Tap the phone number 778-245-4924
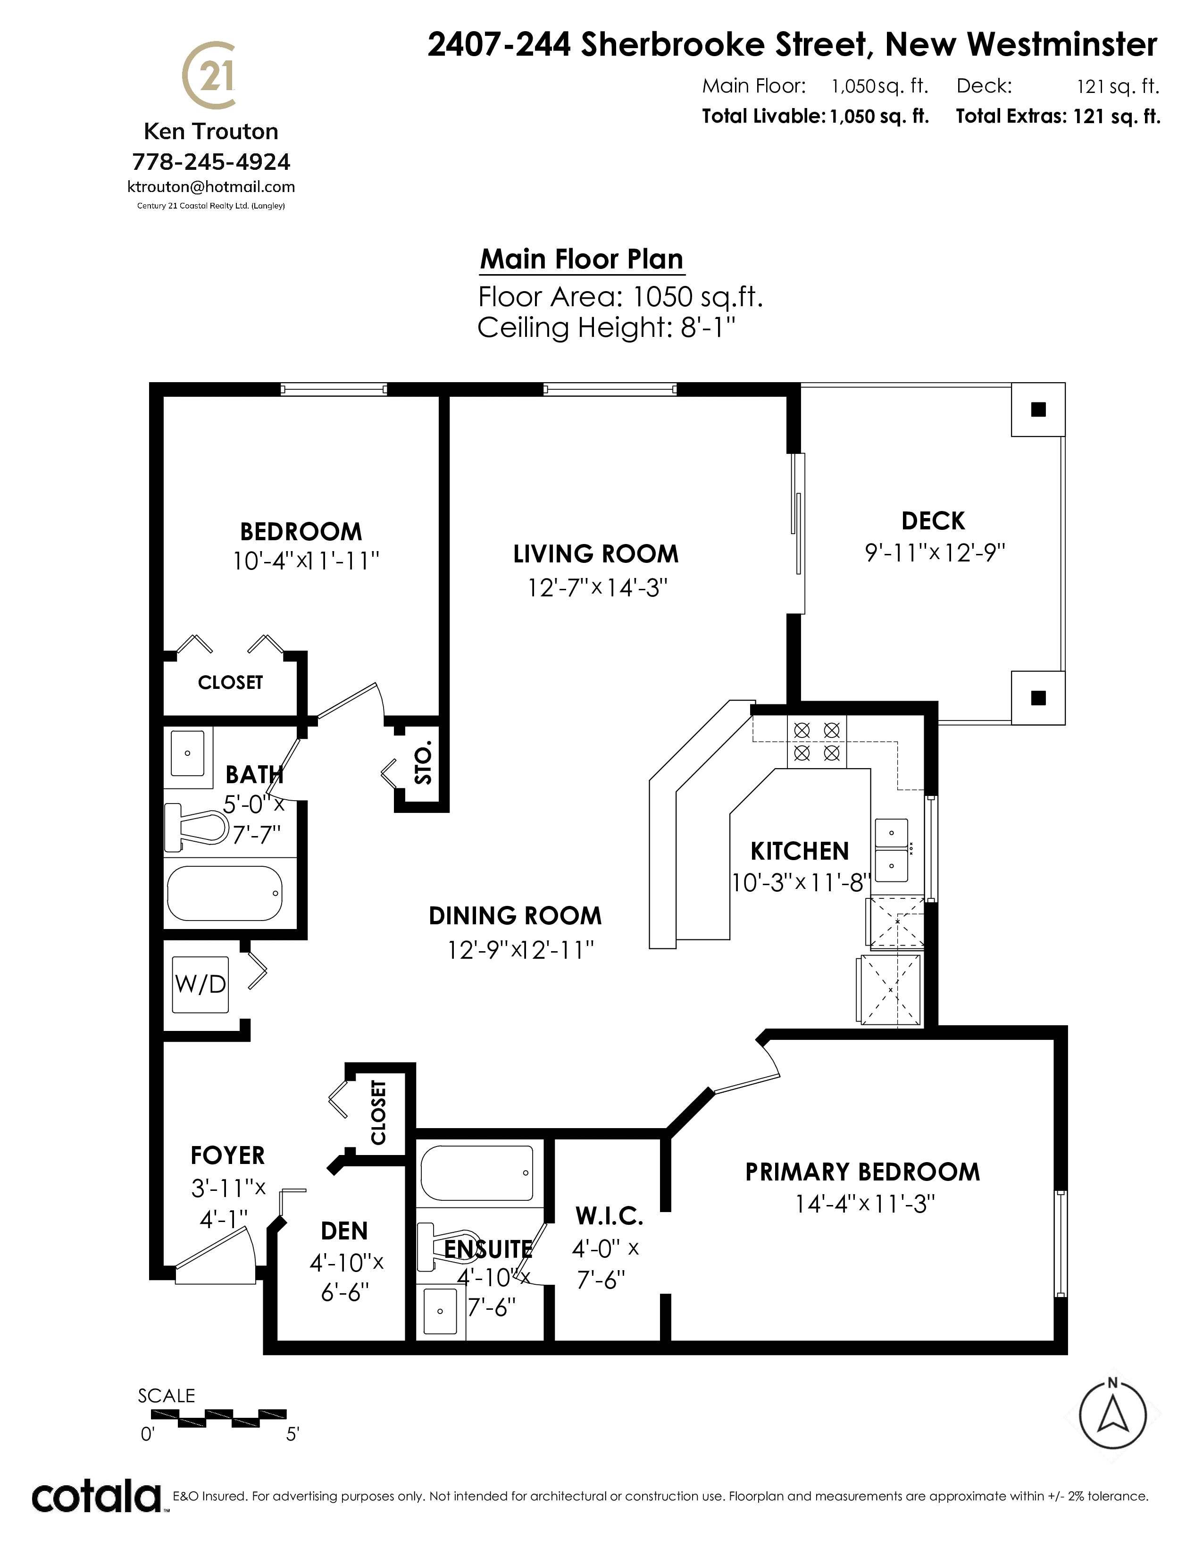(x=211, y=162)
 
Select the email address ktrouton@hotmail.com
(x=211, y=187)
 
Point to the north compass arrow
(x=1112, y=1412)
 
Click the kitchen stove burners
(x=817, y=741)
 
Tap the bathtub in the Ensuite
(x=477, y=1173)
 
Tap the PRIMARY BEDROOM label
(x=862, y=1172)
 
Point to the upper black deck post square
(x=1038, y=409)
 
